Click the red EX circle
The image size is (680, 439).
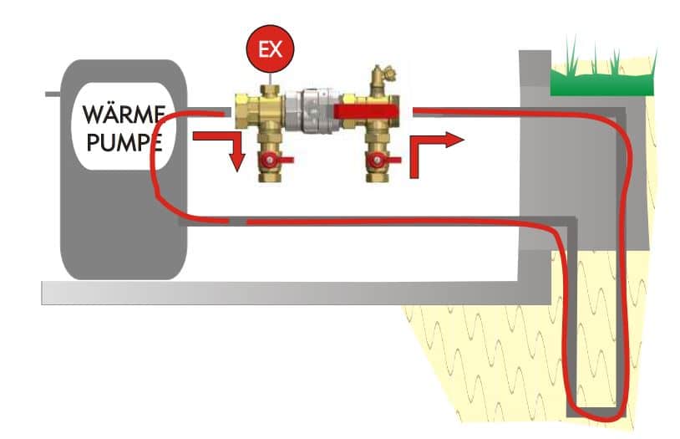click(270, 48)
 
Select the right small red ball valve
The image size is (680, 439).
click(378, 160)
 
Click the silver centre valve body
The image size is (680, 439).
click(310, 110)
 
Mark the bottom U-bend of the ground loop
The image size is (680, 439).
click(595, 412)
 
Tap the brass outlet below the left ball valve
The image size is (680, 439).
click(270, 177)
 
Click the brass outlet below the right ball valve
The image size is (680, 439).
click(377, 177)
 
